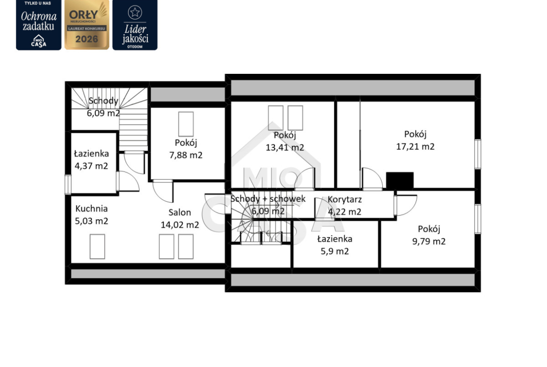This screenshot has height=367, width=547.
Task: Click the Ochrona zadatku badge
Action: tap(38, 25)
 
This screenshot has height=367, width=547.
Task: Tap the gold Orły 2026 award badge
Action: tap(87, 25)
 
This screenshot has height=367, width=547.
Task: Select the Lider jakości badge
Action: tap(135, 25)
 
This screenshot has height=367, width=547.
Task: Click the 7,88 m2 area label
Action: tap(186, 155)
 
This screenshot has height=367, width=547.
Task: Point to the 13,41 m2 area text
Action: tap(285, 148)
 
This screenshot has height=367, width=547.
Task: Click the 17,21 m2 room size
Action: tap(415, 146)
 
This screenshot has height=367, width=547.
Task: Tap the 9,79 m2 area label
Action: tap(429, 241)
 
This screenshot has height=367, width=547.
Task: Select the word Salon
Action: tap(180, 212)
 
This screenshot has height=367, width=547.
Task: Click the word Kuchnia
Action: tap(91, 209)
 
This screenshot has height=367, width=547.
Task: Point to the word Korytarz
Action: tap(345, 200)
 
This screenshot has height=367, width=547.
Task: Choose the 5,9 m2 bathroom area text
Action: tap(335, 252)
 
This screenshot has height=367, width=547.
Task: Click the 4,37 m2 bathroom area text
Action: tap(91, 166)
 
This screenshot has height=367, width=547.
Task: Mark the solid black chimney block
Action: tap(400, 181)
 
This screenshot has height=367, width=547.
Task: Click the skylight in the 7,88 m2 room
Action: tap(186, 124)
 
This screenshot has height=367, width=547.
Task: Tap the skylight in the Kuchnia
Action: tap(97, 247)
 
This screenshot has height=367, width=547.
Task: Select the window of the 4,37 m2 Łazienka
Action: tap(68, 184)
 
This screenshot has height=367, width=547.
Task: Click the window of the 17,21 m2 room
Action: tap(478, 154)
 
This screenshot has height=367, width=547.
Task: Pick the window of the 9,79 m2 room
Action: tap(478, 219)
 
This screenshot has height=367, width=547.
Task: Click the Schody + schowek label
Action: tap(268, 199)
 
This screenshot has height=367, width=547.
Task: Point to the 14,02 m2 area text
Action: tap(180, 225)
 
